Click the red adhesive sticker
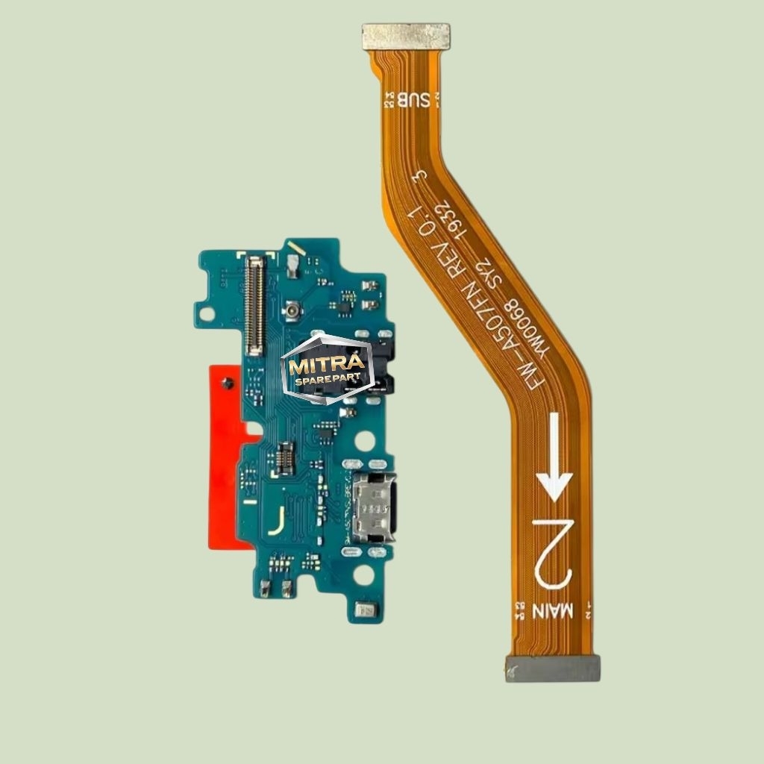coord(225,455)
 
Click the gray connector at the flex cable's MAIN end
coord(553,668)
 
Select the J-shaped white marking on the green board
coord(276,521)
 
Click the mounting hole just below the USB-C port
coord(363,574)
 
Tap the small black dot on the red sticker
coord(228,383)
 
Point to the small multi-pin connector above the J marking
coord(284,459)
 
